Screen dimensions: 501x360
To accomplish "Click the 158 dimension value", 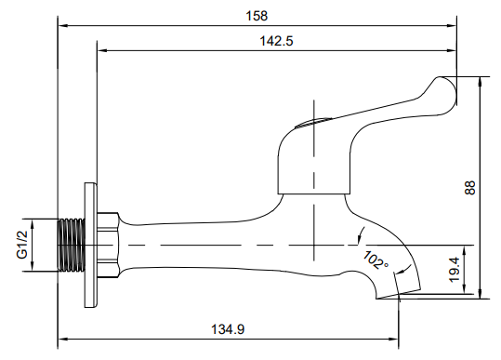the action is (x=257, y=16).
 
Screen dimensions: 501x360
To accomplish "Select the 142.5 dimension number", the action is (x=276, y=41).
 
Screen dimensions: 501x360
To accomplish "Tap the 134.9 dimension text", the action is (x=228, y=329).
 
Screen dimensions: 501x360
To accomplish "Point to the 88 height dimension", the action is (x=470, y=188).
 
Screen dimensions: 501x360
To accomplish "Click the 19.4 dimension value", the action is (x=455, y=270).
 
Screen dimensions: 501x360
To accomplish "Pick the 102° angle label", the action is (x=376, y=260).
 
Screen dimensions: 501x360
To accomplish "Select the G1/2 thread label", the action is (x=22, y=245).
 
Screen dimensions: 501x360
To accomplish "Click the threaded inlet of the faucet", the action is (x=72, y=246).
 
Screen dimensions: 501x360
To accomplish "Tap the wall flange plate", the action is (x=90, y=246).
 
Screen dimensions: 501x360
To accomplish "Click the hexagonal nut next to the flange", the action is (x=108, y=246).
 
